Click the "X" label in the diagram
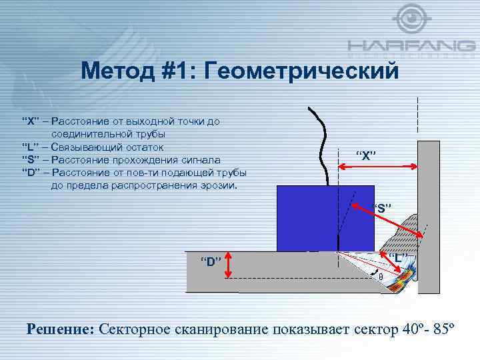point(365,156)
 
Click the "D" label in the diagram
point(211,261)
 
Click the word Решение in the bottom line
point(60,328)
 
